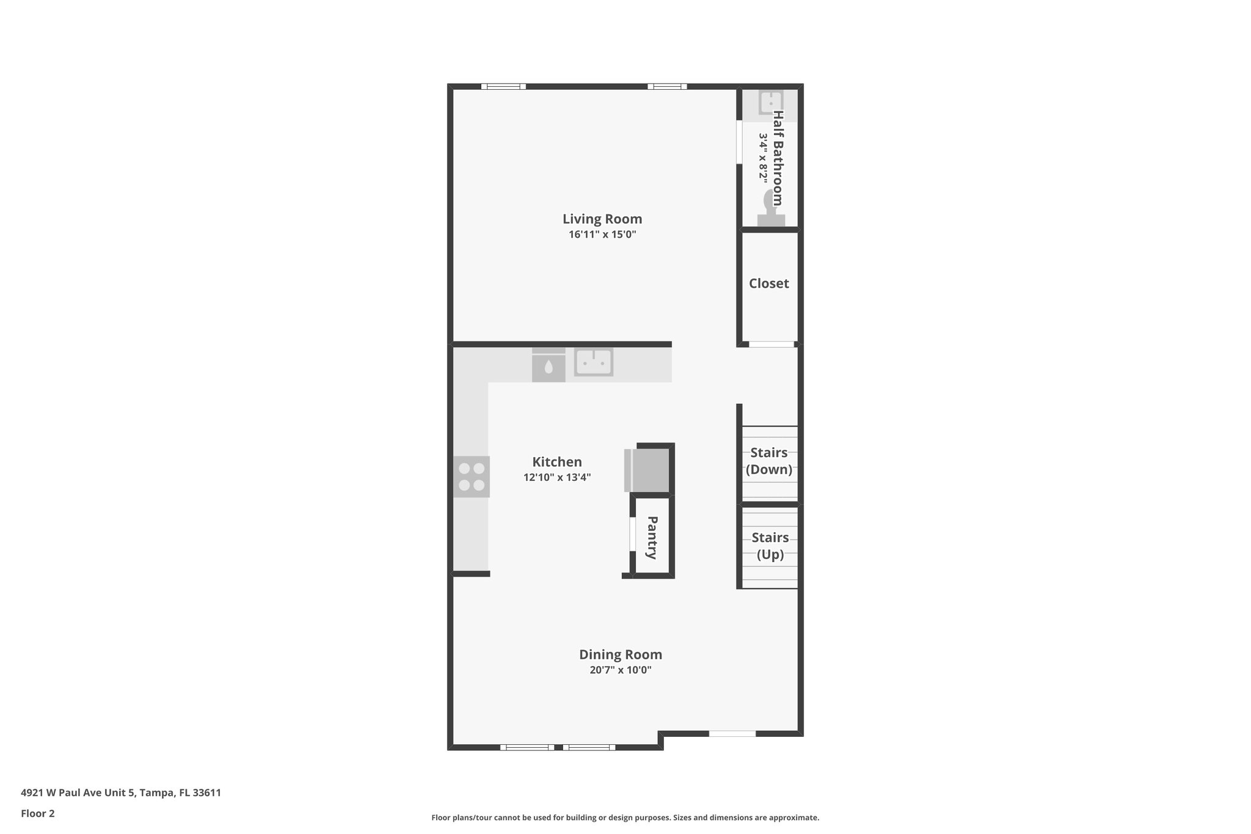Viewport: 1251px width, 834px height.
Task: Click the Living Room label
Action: click(x=602, y=219)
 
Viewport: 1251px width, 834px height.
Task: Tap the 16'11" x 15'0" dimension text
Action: click(x=602, y=235)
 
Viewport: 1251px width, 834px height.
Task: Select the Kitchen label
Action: click(x=556, y=462)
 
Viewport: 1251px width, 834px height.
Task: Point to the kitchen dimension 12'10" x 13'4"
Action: click(x=556, y=477)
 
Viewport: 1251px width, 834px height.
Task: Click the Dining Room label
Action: click(x=620, y=654)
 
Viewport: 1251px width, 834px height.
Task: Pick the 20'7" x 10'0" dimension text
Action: click(x=620, y=670)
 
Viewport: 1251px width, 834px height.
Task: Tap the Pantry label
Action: click(x=652, y=538)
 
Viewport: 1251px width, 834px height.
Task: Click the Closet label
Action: click(x=768, y=283)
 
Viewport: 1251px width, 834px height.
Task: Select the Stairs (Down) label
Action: click(x=768, y=461)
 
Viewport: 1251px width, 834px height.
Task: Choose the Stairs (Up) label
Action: click(x=770, y=546)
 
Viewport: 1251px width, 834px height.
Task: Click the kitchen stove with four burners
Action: click(x=471, y=477)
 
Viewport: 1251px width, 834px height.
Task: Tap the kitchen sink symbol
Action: click(x=593, y=362)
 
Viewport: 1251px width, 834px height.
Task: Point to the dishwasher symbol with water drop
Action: click(x=548, y=366)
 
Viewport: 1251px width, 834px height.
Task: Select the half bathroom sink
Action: click(x=771, y=102)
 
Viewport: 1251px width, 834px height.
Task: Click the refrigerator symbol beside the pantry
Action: click(x=649, y=470)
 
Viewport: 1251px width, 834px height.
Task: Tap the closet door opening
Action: click(x=771, y=345)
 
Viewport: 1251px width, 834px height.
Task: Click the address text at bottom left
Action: click(x=121, y=793)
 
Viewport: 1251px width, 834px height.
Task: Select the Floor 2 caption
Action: click(x=38, y=814)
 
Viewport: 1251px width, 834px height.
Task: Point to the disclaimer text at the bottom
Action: click(x=625, y=818)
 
